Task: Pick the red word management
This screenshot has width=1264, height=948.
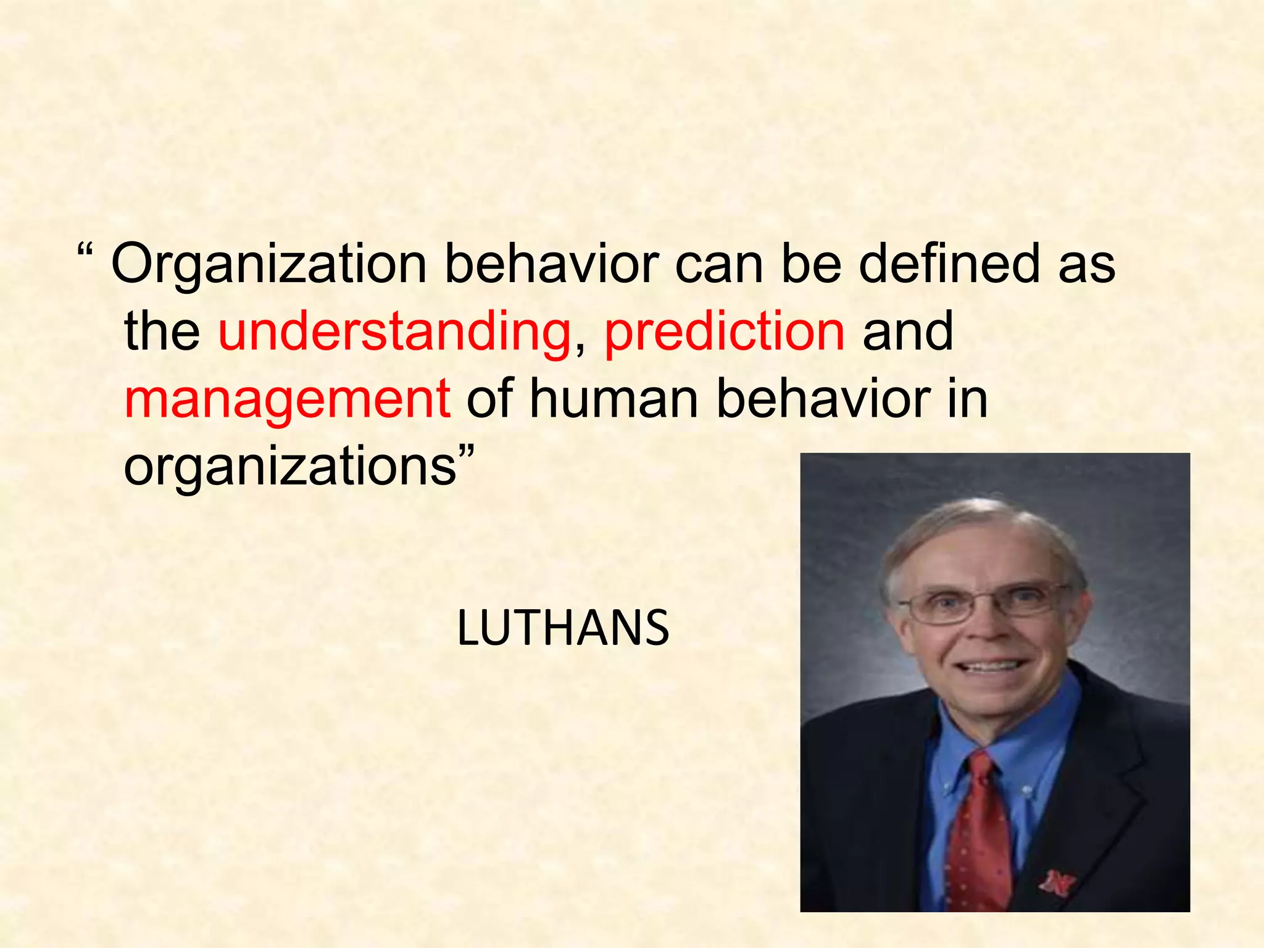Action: [287, 400]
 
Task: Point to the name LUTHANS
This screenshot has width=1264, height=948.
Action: [563, 628]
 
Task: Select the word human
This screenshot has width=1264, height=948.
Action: [614, 399]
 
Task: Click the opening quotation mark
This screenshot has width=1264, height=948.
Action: [86, 251]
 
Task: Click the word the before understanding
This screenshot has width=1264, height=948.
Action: [162, 332]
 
